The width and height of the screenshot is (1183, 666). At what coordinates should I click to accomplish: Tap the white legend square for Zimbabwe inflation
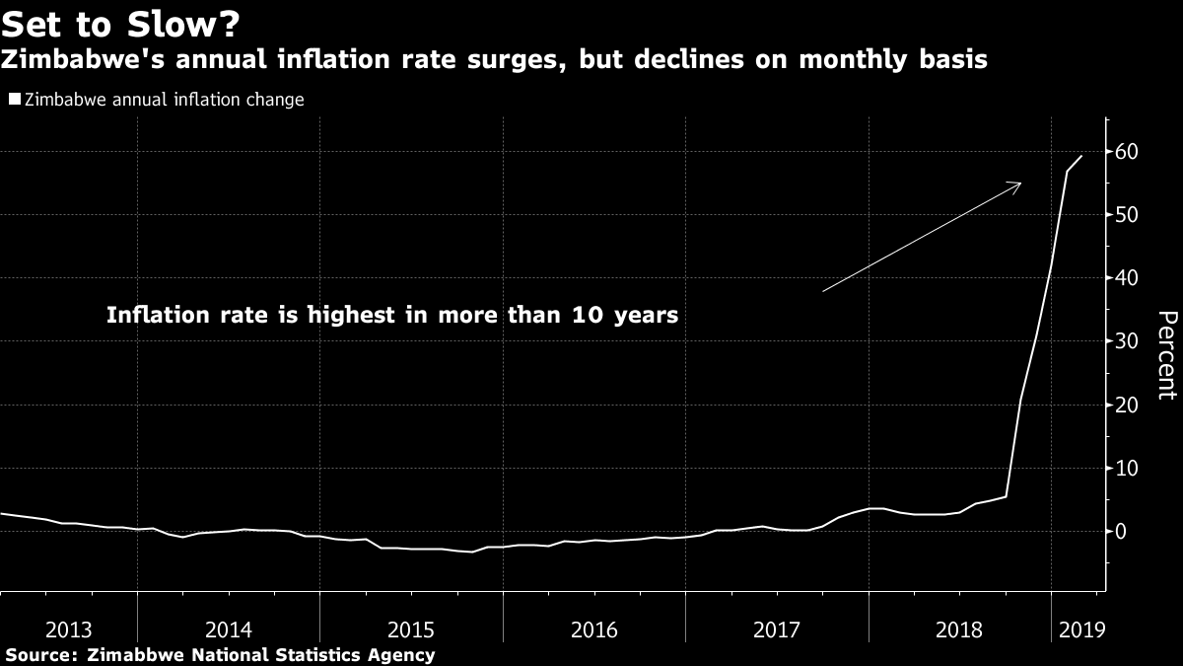click(x=14, y=100)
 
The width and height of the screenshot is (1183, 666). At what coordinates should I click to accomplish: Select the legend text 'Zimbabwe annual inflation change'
click(x=164, y=100)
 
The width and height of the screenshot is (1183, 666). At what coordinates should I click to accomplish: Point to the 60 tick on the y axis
click(x=1127, y=152)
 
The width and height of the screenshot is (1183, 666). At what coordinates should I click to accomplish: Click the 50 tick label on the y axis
click(x=1127, y=215)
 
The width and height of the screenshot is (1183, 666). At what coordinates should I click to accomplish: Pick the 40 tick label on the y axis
click(x=1127, y=278)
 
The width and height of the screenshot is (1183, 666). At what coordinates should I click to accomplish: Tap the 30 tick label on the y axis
click(x=1127, y=341)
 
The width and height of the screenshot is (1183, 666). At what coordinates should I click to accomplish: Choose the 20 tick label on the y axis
click(x=1127, y=405)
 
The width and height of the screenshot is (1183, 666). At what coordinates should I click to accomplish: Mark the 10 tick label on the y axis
click(x=1127, y=468)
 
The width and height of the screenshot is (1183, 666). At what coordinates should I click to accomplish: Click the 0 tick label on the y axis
click(x=1121, y=531)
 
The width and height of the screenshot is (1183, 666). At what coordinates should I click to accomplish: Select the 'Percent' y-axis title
click(x=1166, y=355)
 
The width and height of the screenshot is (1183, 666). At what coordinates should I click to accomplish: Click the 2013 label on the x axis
click(x=69, y=629)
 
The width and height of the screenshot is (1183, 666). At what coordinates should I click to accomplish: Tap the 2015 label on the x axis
click(x=412, y=629)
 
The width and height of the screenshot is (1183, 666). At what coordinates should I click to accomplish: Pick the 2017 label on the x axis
click(x=777, y=629)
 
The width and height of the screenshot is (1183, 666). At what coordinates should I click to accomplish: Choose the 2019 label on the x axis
click(x=1080, y=629)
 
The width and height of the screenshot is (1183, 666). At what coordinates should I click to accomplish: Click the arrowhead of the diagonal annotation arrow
click(x=1017, y=185)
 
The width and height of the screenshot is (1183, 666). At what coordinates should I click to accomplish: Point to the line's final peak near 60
click(x=1082, y=156)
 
